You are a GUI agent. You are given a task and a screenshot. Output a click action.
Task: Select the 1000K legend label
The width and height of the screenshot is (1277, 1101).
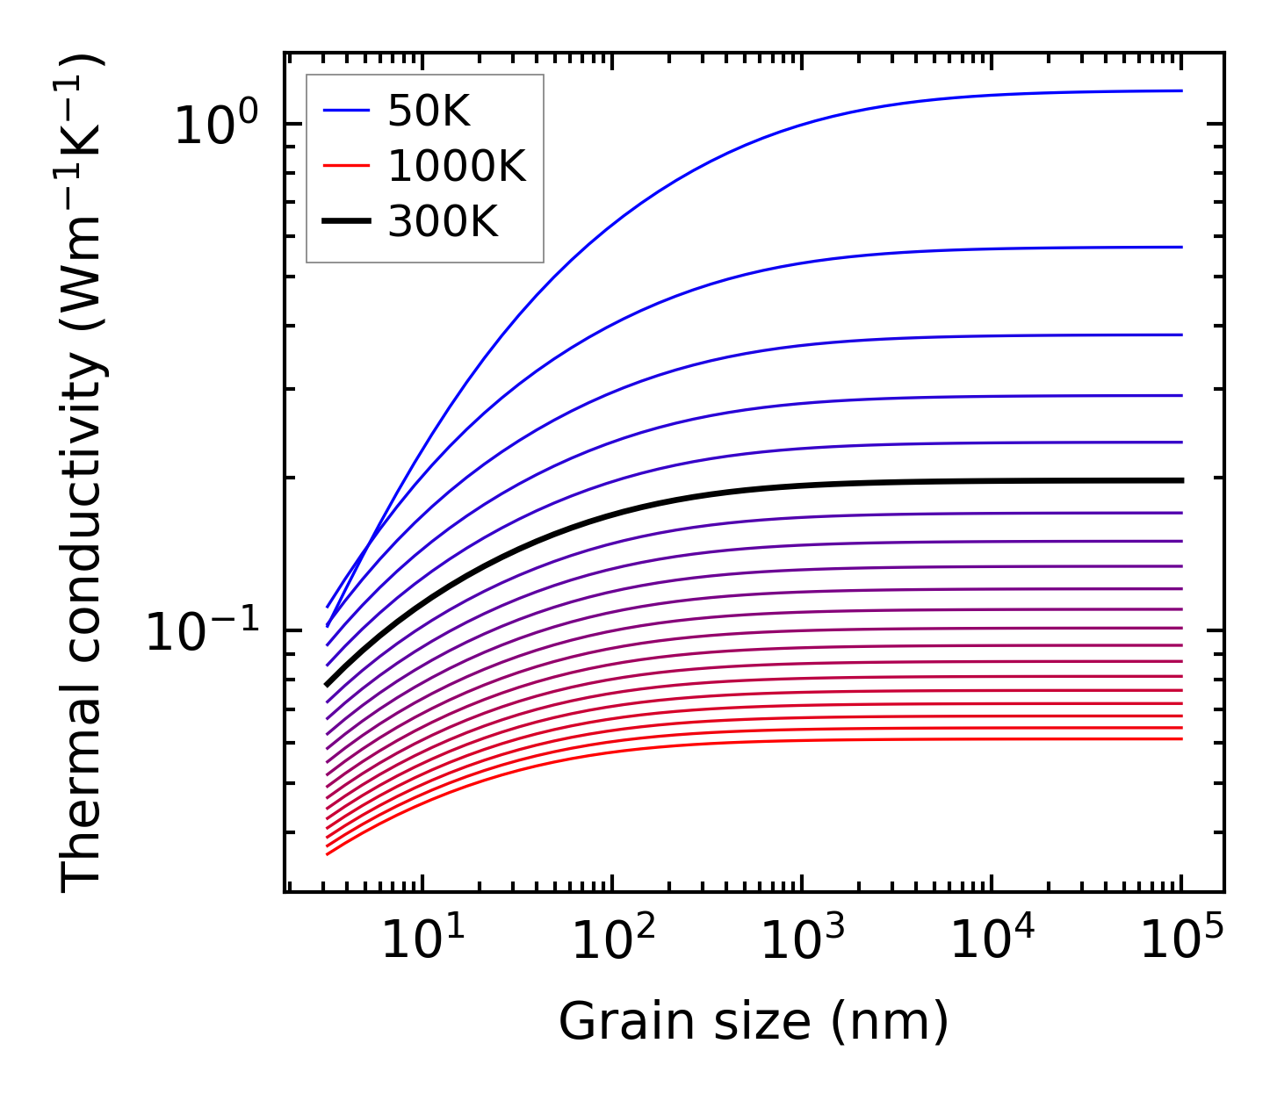pos(457,167)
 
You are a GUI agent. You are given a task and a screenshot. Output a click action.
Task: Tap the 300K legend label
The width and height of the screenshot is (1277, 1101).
pos(443,222)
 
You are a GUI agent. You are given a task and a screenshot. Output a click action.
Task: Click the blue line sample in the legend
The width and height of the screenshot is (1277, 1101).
pos(348,112)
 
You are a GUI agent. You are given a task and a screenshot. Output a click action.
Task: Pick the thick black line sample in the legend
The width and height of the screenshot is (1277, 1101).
pos(348,222)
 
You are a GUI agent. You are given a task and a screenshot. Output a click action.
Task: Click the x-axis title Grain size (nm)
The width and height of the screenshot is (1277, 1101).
pos(754,1022)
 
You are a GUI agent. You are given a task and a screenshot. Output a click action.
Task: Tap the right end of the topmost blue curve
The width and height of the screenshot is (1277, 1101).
pos(1181,90)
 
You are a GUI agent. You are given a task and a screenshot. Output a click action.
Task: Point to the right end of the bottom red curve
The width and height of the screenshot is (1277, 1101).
pos(1181,738)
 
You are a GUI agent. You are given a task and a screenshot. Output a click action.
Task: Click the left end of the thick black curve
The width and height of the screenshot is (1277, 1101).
pos(328,684)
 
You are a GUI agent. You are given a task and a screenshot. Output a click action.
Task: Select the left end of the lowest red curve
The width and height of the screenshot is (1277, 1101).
pos(328,853)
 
